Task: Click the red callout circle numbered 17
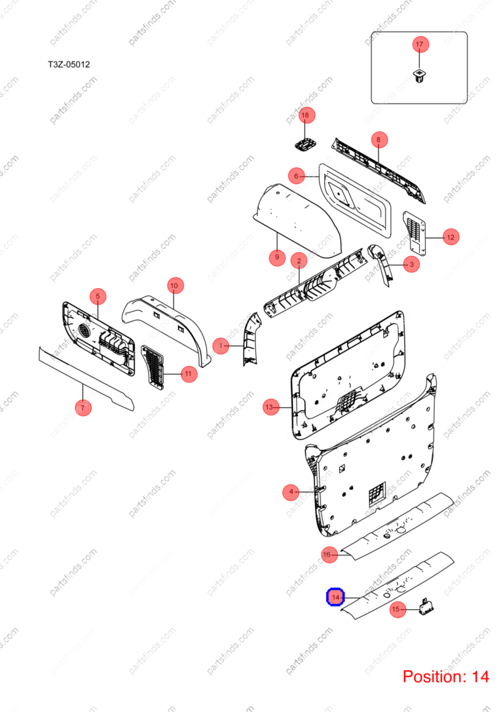pyautogui.click(x=419, y=45)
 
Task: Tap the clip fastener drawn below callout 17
pyautogui.click(x=419, y=76)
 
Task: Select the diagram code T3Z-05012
pyautogui.click(x=69, y=64)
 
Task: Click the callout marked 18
pyautogui.click(x=305, y=115)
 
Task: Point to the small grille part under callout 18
pyautogui.click(x=305, y=144)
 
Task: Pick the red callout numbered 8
pyautogui.click(x=379, y=140)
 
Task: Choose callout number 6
pyautogui.click(x=297, y=176)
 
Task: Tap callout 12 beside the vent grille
pyautogui.click(x=451, y=237)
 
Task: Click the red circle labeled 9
pyautogui.click(x=277, y=257)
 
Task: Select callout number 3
pyautogui.click(x=411, y=264)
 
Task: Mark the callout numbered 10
pyautogui.click(x=174, y=286)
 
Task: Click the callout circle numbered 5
pyautogui.click(x=98, y=296)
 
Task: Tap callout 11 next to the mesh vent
pyautogui.click(x=189, y=374)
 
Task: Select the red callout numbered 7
pyautogui.click(x=83, y=407)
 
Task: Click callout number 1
pyautogui.click(x=221, y=346)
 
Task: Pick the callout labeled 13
pyautogui.click(x=270, y=407)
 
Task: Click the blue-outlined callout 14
pyautogui.click(x=335, y=597)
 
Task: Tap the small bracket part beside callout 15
pyautogui.click(x=426, y=607)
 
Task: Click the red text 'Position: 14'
pyautogui.click(x=446, y=677)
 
